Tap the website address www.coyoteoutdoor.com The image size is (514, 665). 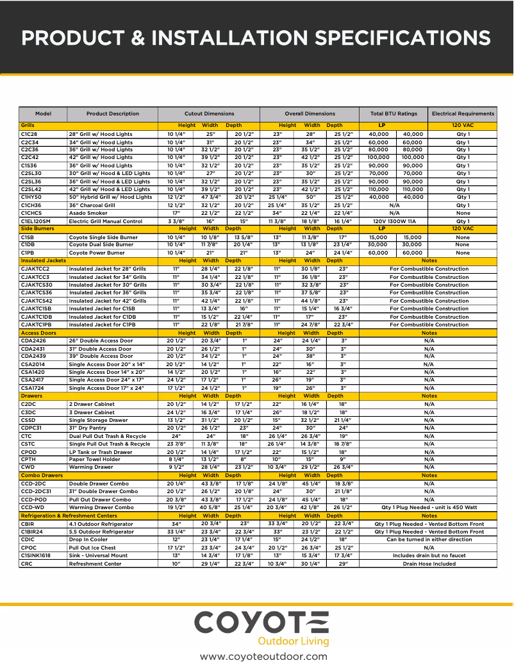tap(263, 656)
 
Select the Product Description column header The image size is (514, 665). tap(112, 114)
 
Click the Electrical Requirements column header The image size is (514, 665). tap(463, 114)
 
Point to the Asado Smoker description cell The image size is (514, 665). tap(88, 213)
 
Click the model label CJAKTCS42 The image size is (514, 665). tap(37, 301)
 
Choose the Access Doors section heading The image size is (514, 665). tap(38, 333)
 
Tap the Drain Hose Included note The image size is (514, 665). tap(429, 564)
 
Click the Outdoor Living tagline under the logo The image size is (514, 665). tap(293, 641)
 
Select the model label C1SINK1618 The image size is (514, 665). tap(37, 555)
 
